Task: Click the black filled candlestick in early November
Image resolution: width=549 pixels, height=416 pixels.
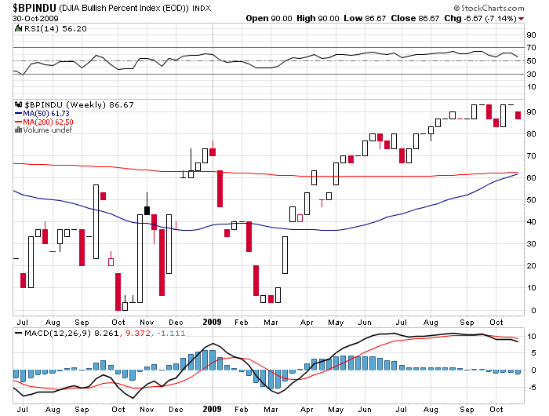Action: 147,210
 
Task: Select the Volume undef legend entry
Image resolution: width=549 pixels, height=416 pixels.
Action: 43,130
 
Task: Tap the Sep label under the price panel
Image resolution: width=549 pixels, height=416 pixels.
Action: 82,321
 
